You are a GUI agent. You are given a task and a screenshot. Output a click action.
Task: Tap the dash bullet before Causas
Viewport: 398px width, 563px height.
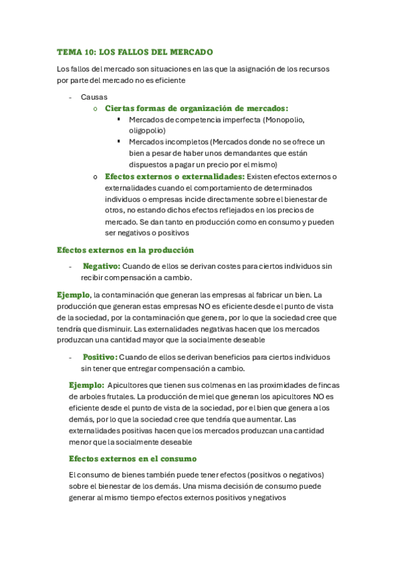coord(70,97)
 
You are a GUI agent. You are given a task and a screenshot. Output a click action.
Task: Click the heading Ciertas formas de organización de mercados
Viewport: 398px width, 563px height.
coord(197,108)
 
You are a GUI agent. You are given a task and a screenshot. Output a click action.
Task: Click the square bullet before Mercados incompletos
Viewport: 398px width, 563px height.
coord(118,142)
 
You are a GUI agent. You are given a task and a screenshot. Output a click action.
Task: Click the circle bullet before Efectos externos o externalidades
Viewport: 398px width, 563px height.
coord(96,177)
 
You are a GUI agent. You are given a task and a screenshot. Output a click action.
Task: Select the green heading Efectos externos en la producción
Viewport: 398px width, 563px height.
coord(125,250)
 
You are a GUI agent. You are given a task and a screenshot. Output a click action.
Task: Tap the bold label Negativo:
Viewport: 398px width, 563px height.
coord(101,266)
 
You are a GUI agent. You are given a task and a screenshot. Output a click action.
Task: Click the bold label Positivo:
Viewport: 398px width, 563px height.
coord(100,357)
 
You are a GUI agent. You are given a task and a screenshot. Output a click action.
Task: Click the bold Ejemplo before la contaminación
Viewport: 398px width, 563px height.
coord(74,294)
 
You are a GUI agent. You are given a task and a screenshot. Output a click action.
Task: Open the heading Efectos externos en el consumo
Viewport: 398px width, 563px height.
coord(132,458)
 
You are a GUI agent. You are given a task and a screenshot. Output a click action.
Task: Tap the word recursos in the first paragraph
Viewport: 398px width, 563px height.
coord(315,69)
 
